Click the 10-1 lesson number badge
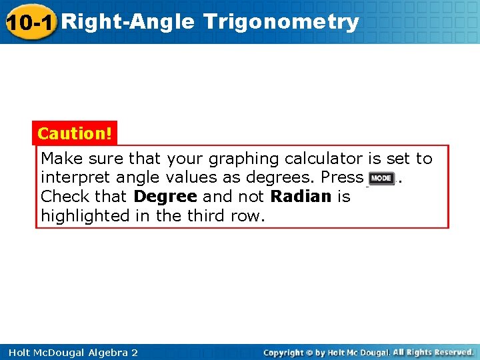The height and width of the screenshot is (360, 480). (x=30, y=22)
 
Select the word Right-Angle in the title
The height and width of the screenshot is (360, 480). (x=128, y=22)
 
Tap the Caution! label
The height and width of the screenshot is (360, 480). (x=75, y=133)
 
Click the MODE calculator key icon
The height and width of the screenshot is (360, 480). (x=381, y=178)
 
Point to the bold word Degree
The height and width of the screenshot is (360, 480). (x=165, y=197)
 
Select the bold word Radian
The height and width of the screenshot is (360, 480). (x=301, y=197)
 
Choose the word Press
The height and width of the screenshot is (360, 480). (x=342, y=178)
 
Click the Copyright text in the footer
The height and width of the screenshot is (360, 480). (x=285, y=352)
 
